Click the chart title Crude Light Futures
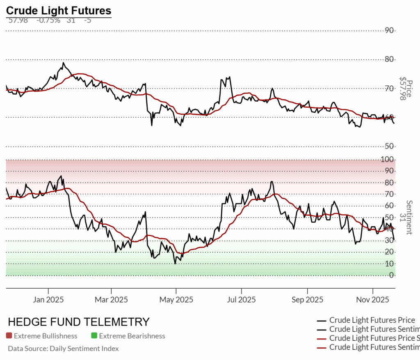click(59, 10)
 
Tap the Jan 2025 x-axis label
click(48, 300)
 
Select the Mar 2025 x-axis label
click(112, 300)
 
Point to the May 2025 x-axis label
click(176, 300)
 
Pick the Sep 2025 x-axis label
click(307, 300)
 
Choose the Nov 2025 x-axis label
click(372, 300)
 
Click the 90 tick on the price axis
click(389, 30)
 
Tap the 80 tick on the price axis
click(389, 59)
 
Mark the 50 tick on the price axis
click(389, 146)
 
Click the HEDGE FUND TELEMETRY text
click(79, 322)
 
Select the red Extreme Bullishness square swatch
click(9, 336)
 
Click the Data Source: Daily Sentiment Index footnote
click(63, 349)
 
